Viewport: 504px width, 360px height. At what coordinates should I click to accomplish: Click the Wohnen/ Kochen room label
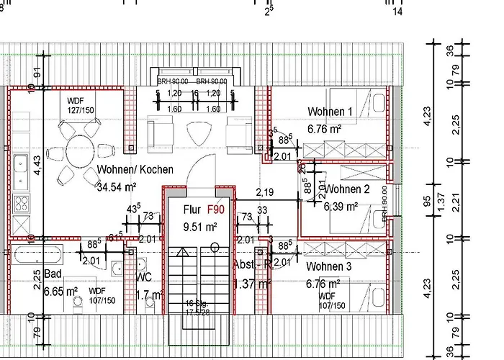(135, 170)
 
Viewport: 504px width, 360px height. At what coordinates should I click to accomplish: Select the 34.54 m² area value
(116, 187)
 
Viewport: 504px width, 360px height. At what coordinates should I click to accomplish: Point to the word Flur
(192, 211)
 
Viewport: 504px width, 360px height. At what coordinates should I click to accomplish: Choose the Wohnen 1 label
(330, 112)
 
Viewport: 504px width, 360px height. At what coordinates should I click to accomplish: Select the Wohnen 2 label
(346, 189)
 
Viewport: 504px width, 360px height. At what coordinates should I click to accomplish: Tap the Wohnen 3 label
(329, 266)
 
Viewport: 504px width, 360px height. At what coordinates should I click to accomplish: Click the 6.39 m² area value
(342, 206)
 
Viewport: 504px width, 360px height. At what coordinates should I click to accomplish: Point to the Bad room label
(53, 274)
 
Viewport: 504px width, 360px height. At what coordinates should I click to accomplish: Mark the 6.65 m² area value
(60, 292)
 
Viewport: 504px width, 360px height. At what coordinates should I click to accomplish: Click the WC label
(143, 276)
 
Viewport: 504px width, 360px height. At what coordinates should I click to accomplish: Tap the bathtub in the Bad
(35, 254)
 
